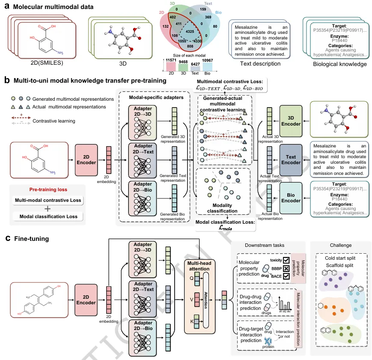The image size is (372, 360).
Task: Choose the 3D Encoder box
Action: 291,120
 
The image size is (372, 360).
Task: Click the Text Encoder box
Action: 291,159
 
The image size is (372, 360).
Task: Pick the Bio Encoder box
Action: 291,198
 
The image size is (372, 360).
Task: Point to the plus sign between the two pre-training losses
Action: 48,209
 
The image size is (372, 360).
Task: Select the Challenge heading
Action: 341,246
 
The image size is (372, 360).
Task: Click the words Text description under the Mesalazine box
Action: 261,64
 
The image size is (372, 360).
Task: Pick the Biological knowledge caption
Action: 335,64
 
